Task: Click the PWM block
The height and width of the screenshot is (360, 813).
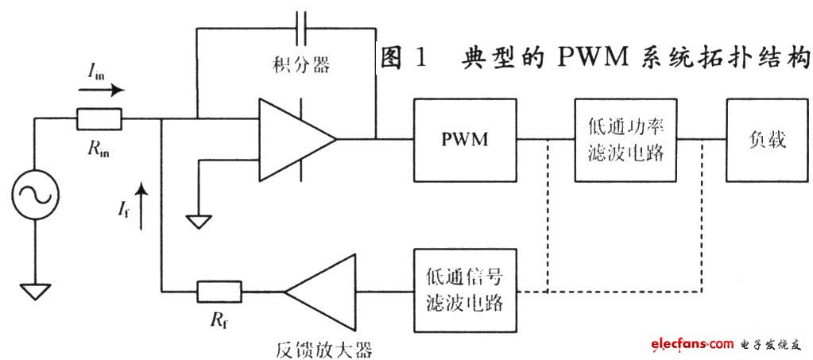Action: [464, 140]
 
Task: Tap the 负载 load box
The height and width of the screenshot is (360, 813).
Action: [766, 141]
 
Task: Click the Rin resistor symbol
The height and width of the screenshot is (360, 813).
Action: [99, 120]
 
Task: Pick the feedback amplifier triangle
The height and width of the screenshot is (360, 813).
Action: [321, 292]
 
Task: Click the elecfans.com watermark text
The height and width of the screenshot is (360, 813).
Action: [691, 343]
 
